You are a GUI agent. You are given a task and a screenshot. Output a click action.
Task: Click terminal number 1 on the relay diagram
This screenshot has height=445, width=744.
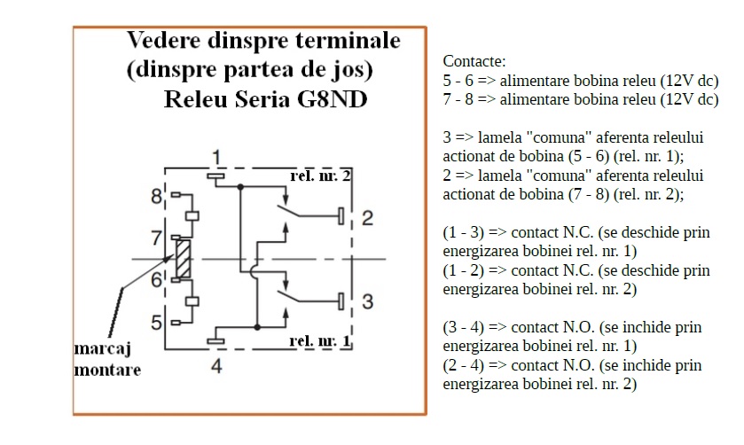[x=215, y=159]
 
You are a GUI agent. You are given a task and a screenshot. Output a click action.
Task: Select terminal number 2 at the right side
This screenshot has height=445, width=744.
[x=367, y=217]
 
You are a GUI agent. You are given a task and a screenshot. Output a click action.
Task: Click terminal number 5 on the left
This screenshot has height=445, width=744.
[x=156, y=322]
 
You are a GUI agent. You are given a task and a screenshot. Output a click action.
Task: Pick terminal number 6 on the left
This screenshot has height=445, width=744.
[x=156, y=280]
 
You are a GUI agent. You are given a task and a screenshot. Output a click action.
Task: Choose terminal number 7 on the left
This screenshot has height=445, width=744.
[x=156, y=238]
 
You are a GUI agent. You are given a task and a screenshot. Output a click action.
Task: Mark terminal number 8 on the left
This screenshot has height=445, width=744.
[x=156, y=195]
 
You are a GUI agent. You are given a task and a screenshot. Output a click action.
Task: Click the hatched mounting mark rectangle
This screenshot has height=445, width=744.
[x=184, y=259]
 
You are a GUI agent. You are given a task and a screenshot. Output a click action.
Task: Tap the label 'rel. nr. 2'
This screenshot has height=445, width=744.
[x=320, y=176]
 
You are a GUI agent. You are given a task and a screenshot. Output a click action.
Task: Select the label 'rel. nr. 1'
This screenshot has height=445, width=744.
[x=320, y=341]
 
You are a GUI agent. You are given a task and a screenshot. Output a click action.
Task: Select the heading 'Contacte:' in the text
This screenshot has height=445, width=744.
[x=474, y=62]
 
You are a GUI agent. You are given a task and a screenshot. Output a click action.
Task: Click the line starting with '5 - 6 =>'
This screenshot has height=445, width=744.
[x=580, y=81]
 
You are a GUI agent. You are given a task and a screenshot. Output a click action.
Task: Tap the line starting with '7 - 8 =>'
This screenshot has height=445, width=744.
[x=580, y=99]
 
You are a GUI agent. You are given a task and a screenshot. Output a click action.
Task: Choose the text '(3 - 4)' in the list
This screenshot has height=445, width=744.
[x=465, y=328]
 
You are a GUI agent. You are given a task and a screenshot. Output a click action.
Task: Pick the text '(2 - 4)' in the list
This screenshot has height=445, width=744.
[x=465, y=365]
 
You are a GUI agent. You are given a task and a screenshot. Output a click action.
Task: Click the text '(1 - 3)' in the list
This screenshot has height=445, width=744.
[x=465, y=233]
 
